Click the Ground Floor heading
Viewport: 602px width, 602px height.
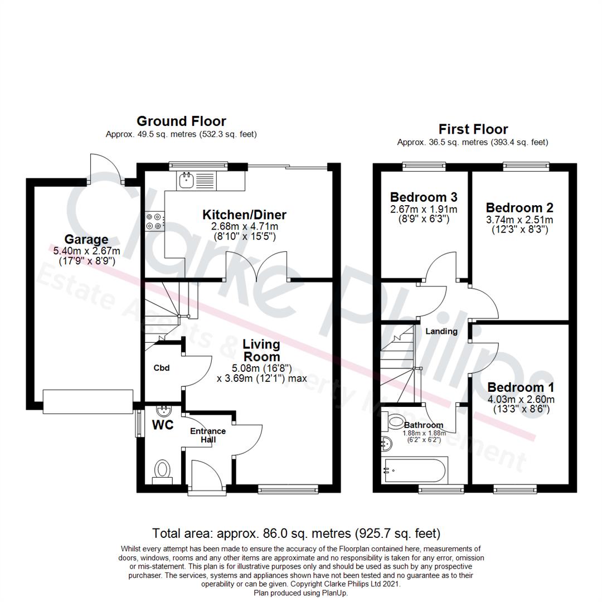tap(181, 121)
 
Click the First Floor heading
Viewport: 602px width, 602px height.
tap(473, 129)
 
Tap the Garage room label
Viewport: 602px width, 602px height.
tap(86, 240)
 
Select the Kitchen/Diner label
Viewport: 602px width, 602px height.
tap(244, 215)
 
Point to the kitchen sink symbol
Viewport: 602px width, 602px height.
tap(186, 179)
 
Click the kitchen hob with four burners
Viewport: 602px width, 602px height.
tap(154, 221)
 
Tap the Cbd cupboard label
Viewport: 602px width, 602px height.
tap(161, 368)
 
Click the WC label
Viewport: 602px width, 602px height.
tap(163, 425)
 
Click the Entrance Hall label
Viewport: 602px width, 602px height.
tap(208, 435)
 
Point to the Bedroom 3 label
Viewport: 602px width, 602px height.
tap(424, 197)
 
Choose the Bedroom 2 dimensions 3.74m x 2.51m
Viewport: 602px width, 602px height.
tap(520, 220)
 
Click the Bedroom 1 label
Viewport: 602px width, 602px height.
tap(521, 387)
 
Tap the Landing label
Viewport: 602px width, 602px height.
tap(441, 331)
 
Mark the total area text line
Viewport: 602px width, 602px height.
tap(296, 533)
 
